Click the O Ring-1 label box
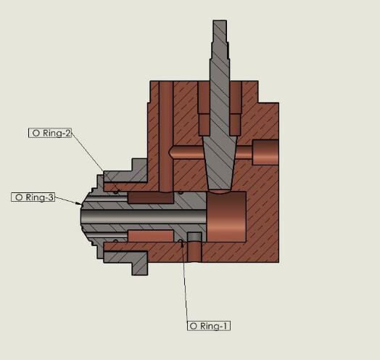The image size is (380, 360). coord(209,326)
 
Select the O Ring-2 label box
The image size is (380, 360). coord(50,133)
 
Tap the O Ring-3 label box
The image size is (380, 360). coord(33,197)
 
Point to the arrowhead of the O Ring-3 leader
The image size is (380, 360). coord(80,204)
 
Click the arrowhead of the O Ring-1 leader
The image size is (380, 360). coord(183,245)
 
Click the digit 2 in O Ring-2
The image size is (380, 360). coord(67,133)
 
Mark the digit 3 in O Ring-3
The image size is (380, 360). coord(51,197)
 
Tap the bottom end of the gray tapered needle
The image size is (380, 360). coord(220,189)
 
